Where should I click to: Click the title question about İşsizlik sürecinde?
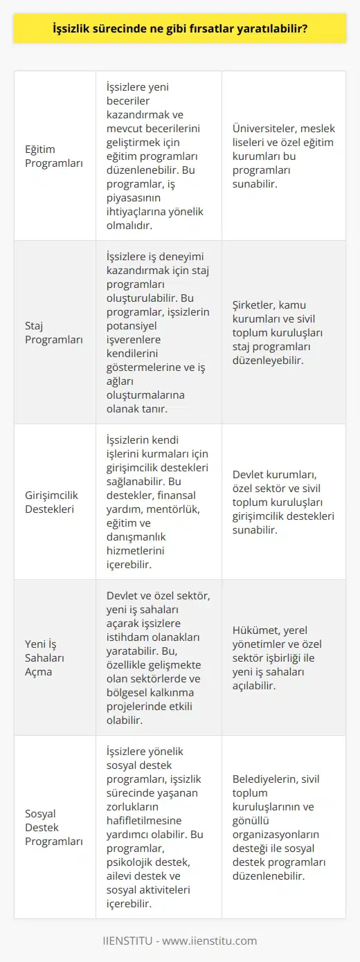click(x=180, y=30)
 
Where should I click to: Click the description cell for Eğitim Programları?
click(x=158, y=156)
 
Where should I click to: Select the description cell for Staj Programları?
click(x=158, y=332)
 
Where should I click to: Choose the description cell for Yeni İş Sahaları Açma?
click(x=158, y=657)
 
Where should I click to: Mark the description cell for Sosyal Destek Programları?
click(x=158, y=827)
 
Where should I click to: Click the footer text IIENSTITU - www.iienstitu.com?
click(x=180, y=941)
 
